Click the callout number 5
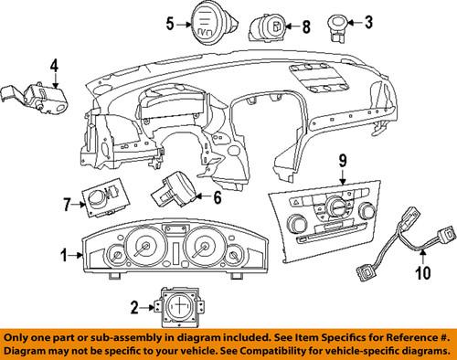(170, 24)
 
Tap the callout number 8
(306, 26)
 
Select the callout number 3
(368, 22)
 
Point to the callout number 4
(54, 66)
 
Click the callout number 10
(423, 272)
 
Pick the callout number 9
(343, 162)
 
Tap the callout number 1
(64, 255)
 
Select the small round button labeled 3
(337, 27)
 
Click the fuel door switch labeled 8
(268, 26)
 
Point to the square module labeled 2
(180, 307)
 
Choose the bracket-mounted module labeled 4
(35, 98)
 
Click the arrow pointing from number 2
(147, 308)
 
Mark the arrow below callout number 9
(343, 177)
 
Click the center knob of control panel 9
(336, 206)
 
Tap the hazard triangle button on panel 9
(296, 201)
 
